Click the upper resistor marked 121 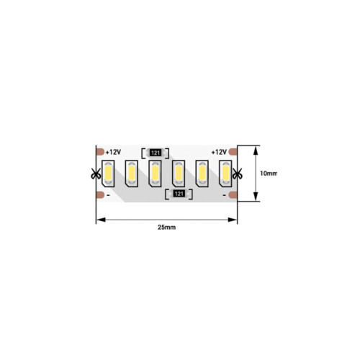click(x=156, y=153)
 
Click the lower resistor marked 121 click(x=179, y=194)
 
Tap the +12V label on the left click(x=113, y=152)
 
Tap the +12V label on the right click(x=219, y=152)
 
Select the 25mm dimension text click(x=166, y=227)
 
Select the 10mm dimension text click(x=269, y=174)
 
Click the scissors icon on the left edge click(x=96, y=174)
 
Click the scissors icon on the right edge click(x=238, y=174)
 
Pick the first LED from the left click(x=108, y=174)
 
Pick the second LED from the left click(x=132, y=174)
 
